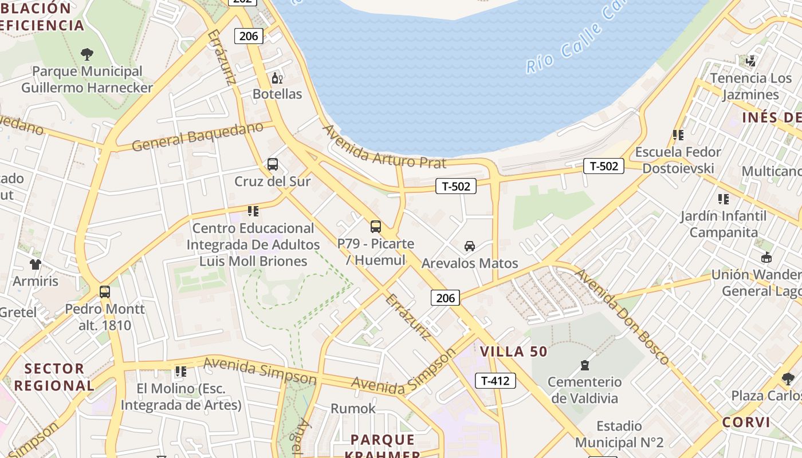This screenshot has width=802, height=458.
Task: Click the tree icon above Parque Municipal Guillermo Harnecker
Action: (x=87, y=54)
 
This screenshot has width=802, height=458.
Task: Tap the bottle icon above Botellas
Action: (x=277, y=78)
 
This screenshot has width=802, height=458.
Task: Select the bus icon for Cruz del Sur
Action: (x=273, y=165)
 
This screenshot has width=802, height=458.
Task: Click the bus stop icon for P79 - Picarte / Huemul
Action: (x=376, y=227)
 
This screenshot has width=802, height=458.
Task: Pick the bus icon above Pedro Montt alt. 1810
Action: (x=105, y=292)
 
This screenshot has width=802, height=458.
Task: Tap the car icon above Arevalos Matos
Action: (x=470, y=246)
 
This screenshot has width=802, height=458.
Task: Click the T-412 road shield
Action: (x=495, y=381)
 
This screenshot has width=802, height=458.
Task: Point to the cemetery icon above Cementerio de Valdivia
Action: (x=585, y=365)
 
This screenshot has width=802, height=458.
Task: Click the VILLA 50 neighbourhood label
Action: (x=514, y=352)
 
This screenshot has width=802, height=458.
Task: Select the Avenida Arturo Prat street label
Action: (x=384, y=147)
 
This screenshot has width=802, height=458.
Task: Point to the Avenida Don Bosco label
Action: (x=622, y=317)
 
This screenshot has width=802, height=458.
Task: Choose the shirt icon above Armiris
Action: (x=36, y=264)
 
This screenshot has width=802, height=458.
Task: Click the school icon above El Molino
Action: (x=181, y=372)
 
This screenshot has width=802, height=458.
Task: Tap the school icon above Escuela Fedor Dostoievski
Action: (x=678, y=135)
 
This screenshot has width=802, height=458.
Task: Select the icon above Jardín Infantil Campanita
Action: (x=724, y=199)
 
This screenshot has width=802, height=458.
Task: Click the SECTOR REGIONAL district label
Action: (x=54, y=377)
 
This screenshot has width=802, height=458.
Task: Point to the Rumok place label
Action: (x=353, y=409)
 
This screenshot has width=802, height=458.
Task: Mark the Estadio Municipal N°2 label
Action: (x=619, y=435)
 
